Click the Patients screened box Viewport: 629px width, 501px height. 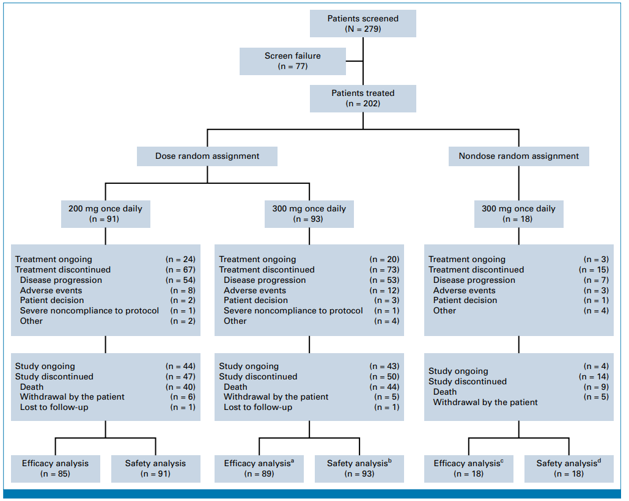coord(363,24)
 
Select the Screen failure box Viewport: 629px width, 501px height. coord(293,61)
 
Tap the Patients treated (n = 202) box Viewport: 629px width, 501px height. coord(363,98)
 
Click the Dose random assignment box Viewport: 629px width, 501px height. coord(207,156)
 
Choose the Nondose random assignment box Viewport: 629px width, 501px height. coord(519,156)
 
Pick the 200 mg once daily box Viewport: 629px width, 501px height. coord(106,214)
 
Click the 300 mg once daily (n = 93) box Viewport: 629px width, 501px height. coord(309,214)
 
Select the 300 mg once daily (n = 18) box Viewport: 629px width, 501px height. coord(519,214)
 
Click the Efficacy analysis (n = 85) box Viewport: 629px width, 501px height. coord(56,469)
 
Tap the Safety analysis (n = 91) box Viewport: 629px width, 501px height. coord(156,469)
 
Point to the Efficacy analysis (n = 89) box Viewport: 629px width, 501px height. coord(259,469)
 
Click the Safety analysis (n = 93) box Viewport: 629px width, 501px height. coord(359,469)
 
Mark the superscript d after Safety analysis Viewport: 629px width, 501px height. coord(599,461)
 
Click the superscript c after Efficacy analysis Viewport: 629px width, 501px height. coord(502,461)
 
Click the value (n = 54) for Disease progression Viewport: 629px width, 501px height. coord(180,280)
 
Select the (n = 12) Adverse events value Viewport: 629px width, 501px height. coord(384,291)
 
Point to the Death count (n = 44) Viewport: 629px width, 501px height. coord(384,387)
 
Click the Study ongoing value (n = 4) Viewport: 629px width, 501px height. coord(596,367)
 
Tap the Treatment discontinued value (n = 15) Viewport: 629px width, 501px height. coord(594,269)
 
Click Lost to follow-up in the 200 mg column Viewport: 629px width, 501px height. coord(54,407)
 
